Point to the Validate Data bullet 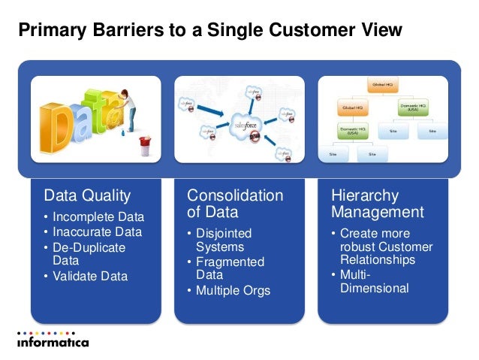pos(89,276)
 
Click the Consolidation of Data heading pos(235,204)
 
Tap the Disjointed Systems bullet pos(224,240)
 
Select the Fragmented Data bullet pos(230,268)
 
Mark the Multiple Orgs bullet pos(233,290)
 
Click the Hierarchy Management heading pos(378,204)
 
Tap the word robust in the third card pos(360,247)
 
